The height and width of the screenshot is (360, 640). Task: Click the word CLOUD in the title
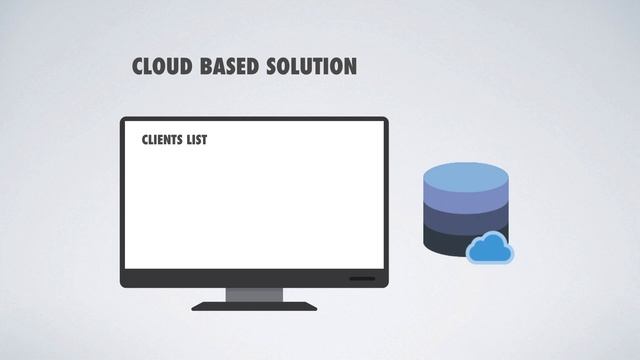point(162,66)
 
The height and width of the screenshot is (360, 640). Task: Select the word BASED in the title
point(229,66)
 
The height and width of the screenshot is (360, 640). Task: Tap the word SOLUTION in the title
point(312,66)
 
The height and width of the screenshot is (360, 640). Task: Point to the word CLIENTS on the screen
point(162,140)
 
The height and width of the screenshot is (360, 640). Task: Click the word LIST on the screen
point(197,140)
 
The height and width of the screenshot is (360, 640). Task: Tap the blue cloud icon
point(490,248)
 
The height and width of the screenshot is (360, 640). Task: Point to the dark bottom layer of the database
point(445,243)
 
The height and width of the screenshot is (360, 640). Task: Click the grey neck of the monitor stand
point(254,295)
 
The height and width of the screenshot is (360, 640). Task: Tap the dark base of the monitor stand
point(254,307)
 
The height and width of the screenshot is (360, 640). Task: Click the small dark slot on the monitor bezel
point(362,279)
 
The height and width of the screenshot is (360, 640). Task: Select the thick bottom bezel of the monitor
point(254,278)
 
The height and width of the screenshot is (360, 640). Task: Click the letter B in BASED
point(206,66)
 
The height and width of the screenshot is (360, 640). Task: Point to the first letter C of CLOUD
point(138,66)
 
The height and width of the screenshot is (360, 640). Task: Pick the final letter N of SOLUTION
point(351,66)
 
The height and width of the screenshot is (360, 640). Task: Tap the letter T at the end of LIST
point(203,140)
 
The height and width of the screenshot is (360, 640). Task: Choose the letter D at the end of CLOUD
point(186,66)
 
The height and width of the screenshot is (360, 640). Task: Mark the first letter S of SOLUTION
point(272,66)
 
